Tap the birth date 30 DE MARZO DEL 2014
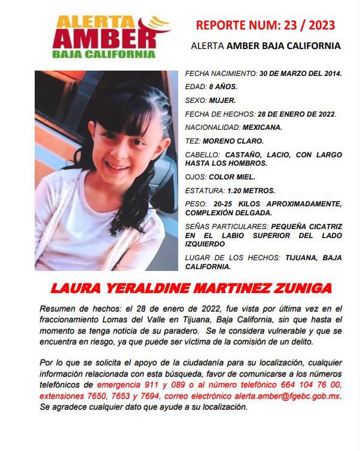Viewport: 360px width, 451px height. tap(300, 74)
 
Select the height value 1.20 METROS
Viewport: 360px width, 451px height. tap(251, 191)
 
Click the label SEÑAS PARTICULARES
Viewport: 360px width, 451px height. tap(227, 227)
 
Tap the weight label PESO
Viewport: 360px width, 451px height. tap(195, 205)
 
